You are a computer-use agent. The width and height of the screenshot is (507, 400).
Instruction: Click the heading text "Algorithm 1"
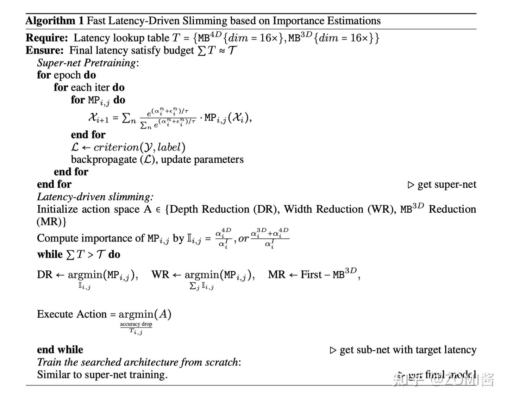pos(55,21)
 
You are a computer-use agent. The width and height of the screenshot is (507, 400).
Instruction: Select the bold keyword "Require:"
pos(47,38)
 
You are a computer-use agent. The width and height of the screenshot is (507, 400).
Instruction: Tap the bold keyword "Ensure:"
pos(45,50)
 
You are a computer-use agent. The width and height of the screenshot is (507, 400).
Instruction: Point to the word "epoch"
pos(67,75)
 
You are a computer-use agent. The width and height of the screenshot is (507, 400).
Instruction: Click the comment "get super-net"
pos(446,185)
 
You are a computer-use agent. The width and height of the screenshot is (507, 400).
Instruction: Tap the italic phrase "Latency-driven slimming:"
pos(95,196)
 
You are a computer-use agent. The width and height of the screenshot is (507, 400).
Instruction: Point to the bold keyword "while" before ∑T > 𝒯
pos(50,254)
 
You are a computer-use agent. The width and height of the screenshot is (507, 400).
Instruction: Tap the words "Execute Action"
pos(71,314)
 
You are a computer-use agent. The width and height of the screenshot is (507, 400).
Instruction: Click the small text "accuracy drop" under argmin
pos(136,324)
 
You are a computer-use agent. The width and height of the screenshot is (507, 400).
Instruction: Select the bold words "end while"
pos(60,350)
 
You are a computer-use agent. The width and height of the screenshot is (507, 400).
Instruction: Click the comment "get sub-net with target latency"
pos(408,350)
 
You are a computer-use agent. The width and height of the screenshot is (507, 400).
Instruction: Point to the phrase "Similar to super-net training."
pos(102,374)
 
